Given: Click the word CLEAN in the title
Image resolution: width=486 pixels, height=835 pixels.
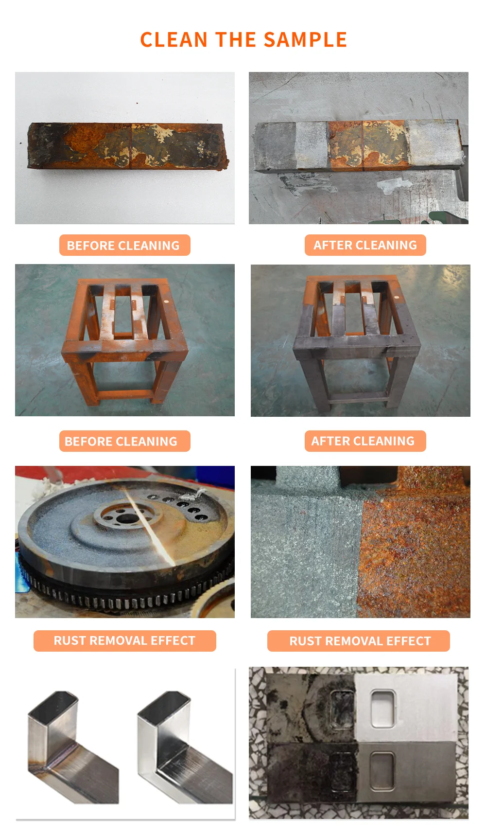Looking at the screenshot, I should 174,40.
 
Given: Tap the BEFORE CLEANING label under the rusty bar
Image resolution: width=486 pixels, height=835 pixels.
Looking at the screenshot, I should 124,246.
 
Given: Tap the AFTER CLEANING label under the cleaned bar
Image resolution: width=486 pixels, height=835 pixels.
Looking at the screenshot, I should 365,245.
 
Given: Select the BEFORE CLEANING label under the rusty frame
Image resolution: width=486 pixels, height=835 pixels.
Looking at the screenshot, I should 124,442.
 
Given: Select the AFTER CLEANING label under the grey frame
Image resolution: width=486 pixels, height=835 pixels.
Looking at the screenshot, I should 365,441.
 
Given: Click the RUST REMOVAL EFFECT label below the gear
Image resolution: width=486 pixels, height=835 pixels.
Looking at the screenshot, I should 124,641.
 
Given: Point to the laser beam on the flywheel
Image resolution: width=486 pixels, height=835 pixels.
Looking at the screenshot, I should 148,530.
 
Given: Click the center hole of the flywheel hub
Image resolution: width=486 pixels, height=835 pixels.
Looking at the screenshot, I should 127,518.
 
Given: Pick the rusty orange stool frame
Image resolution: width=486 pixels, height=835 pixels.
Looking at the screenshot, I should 124,340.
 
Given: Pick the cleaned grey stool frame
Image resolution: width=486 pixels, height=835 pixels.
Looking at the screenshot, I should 358,340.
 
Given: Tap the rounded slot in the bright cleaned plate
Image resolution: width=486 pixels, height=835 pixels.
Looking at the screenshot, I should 382,709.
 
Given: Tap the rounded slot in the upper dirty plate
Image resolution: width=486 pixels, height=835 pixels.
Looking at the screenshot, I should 342,710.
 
